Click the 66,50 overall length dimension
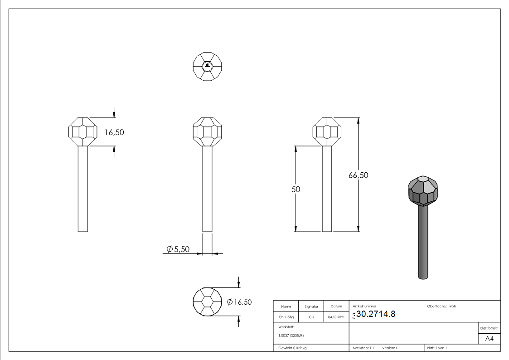click(358, 175)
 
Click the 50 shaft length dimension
click(296, 190)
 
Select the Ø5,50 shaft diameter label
click(178, 249)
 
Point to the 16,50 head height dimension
click(114, 132)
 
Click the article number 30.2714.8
click(376, 314)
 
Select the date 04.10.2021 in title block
click(336, 317)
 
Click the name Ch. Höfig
click(286, 317)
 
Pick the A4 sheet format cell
click(489, 339)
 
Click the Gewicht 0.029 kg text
click(292, 348)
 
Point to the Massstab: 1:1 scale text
click(363, 348)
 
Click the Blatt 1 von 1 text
click(437, 348)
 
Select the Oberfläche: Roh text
click(441, 306)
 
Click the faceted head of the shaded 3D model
click(423, 190)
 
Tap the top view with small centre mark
click(207, 67)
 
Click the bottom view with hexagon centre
click(207, 302)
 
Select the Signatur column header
click(311, 306)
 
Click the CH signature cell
click(311, 317)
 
